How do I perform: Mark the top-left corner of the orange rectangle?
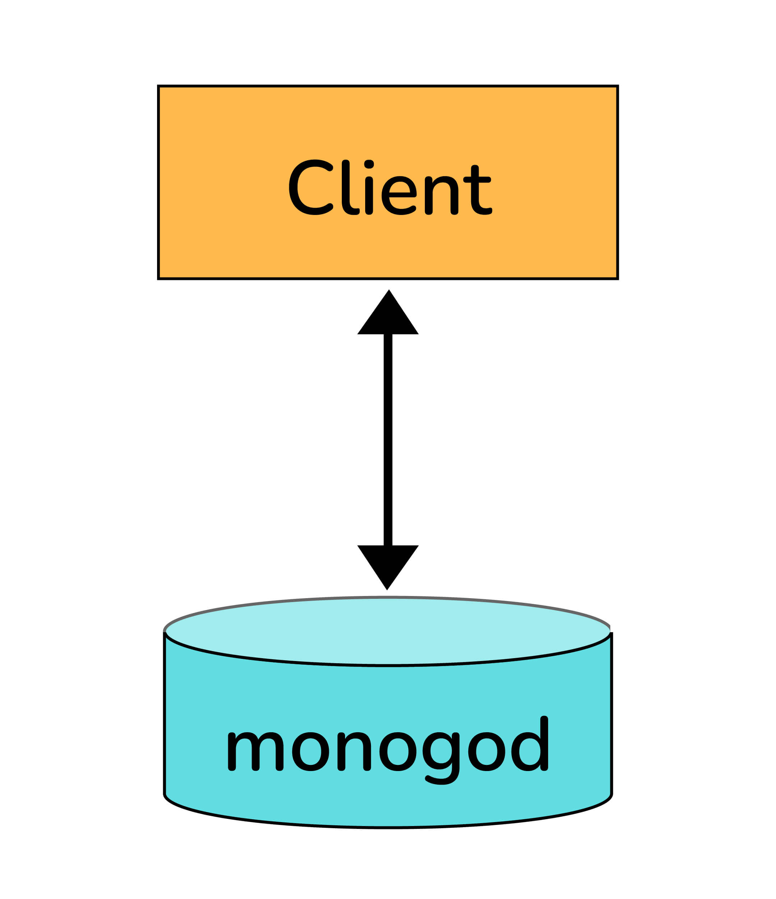[x=159, y=86]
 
